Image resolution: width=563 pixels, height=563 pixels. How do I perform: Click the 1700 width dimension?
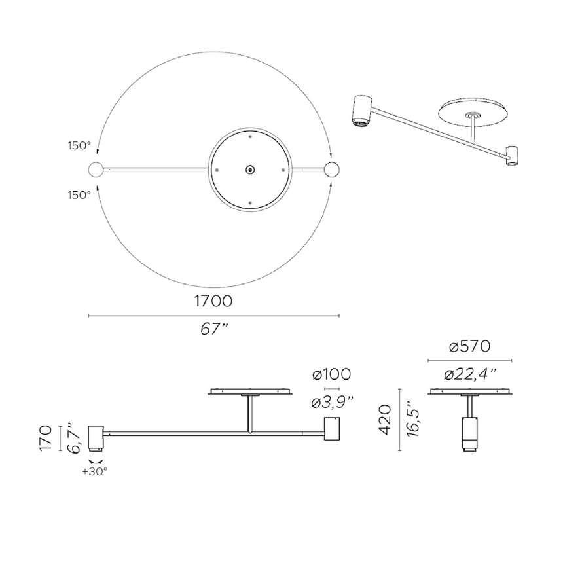tap(213, 302)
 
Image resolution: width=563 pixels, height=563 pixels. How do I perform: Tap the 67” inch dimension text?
tap(213, 329)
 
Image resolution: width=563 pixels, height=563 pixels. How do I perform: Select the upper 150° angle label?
tap(78, 145)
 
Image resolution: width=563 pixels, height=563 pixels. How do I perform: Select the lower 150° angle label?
tap(78, 194)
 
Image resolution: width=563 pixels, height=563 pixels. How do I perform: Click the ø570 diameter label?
tap(469, 347)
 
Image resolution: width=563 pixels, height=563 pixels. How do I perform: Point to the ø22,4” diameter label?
tap(469, 374)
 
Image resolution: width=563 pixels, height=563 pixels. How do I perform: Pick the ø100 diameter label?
tap(332, 374)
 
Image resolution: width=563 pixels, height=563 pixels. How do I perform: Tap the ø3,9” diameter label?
tap(332, 402)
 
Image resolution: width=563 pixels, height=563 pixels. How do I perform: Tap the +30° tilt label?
tap(95, 470)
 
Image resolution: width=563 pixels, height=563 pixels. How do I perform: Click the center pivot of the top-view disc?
tap(249, 170)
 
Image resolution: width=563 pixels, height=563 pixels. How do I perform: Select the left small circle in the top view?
tap(96, 170)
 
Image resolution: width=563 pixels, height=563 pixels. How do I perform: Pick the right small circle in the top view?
tap(333, 170)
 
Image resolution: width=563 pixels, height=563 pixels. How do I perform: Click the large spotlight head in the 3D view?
tap(361, 109)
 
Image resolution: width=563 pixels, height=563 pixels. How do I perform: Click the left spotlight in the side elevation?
tap(95, 437)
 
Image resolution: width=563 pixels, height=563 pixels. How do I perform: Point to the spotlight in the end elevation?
tap(469, 431)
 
